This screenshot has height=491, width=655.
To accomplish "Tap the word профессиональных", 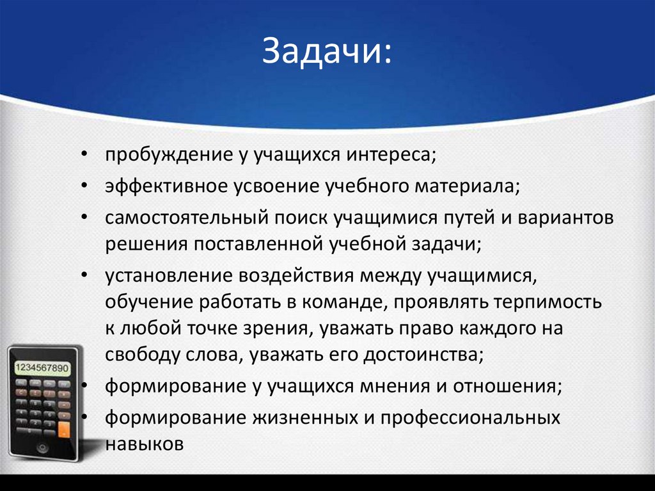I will click(x=471, y=417).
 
